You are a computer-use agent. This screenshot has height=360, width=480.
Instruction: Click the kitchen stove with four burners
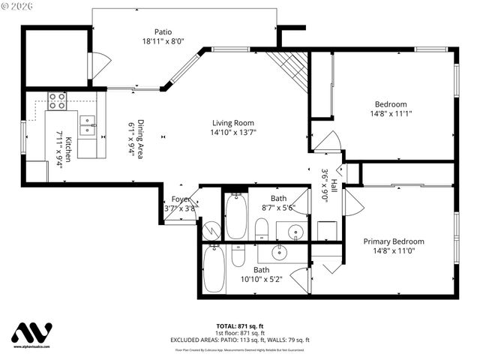tap(57, 100)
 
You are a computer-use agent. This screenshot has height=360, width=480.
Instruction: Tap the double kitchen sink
tap(88, 124)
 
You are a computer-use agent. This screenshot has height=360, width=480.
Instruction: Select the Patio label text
tap(163, 32)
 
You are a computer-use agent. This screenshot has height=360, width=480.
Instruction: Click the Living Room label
tap(232, 123)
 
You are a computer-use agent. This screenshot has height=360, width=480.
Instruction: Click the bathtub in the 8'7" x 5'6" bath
tap(236, 216)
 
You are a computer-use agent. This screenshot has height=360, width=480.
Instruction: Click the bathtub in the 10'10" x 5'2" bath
tap(214, 269)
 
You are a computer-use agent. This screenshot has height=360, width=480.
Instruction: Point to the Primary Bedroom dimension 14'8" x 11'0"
tap(394, 251)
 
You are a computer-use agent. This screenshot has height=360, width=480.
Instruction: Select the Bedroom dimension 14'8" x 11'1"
tap(391, 114)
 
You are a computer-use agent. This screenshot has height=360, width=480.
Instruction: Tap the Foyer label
tap(181, 199)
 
